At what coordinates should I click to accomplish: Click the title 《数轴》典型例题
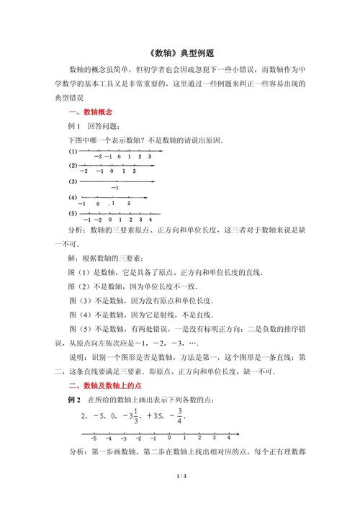[x=180, y=54]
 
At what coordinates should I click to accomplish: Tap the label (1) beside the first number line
[x=73, y=152]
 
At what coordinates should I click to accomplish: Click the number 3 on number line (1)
[x=148, y=156]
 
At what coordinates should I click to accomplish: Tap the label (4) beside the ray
[x=73, y=197]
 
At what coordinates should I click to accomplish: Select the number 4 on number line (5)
[x=148, y=219]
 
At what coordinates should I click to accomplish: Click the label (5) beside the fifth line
[x=73, y=214]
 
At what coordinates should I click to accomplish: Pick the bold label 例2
[x=74, y=400]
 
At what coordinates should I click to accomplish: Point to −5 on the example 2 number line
[x=94, y=438]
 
